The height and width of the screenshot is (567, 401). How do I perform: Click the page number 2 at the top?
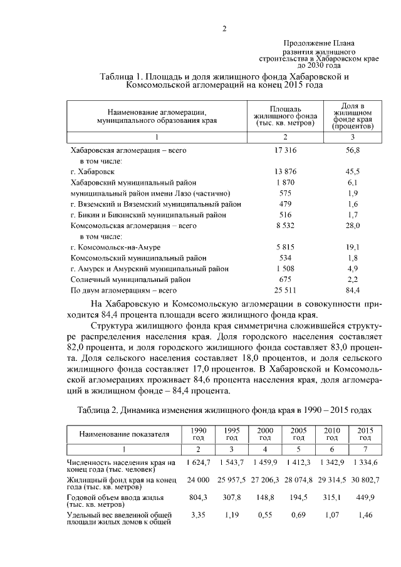pyautogui.click(x=225, y=28)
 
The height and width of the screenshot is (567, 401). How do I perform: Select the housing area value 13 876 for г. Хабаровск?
pyautogui.click(x=285, y=171)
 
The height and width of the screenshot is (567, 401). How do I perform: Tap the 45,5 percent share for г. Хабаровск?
pyautogui.click(x=353, y=171)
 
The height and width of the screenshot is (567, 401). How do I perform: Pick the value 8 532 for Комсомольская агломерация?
pyautogui.click(x=285, y=225)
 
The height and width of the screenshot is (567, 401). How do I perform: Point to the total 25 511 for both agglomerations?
pyautogui.click(x=285, y=290)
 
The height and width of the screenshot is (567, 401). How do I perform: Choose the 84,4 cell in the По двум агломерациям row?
pyautogui.click(x=353, y=290)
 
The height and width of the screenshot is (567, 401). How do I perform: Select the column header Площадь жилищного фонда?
pyautogui.click(x=284, y=115)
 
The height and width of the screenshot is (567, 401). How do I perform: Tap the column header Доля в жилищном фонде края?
pyautogui.click(x=353, y=115)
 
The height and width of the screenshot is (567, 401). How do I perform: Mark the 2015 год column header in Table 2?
pyautogui.click(x=365, y=434)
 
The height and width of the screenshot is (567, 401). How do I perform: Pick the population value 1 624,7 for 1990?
pyautogui.click(x=198, y=462)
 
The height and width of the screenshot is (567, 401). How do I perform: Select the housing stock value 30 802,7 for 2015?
pyautogui.click(x=365, y=479)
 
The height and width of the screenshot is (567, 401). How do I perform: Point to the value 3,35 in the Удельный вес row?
pyautogui.click(x=198, y=515)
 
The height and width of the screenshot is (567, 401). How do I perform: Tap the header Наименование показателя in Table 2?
pyautogui.click(x=116, y=434)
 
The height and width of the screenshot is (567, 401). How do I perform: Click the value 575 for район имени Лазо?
pyautogui.click(x=285, y=193)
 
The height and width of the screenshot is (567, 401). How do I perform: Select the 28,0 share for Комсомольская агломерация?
pyautogui.click(x=353, y=225)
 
